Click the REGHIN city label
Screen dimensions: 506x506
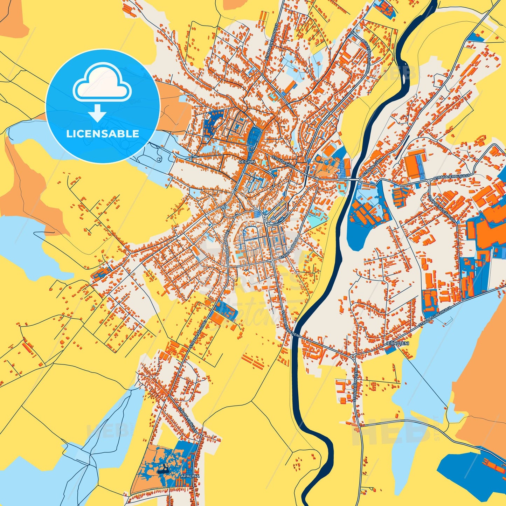pyautogui.click(x=247, y=162)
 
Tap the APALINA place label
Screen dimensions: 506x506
pyautogui.click(x=190, y=476)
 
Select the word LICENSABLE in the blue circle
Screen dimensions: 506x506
pyautogui.click(x=103, y=134)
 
